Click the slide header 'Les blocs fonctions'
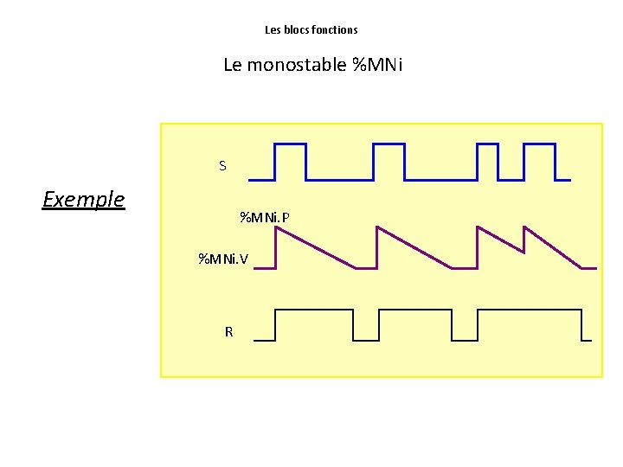[x=311, y=29]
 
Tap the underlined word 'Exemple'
[x=84, y=200]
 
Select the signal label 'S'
[x=222, y=166]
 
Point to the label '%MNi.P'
[x=264, y=216]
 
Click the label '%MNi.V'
[x=223, y=259]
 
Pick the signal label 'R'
[x=228, y=331]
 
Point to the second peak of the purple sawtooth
[x=376, y=228]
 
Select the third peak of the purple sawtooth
[x=478, y=228]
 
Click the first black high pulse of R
[x=314, y=310]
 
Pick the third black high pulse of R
[x=530, y=310]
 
